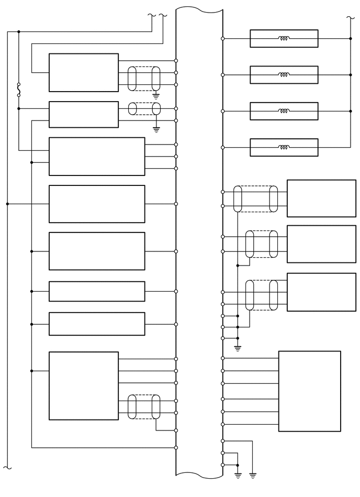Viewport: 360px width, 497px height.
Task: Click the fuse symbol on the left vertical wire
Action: click(19, 90)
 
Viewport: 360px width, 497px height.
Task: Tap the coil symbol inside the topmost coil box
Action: click(284, 38)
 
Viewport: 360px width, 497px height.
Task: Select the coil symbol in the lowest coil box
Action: click(284, 147)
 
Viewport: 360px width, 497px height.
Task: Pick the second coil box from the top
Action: click(284, 75)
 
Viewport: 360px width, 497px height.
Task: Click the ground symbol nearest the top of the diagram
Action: click(156, 96)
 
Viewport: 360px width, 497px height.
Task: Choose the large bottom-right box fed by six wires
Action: click(309, 391)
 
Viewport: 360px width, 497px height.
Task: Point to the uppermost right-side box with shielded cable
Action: click(321, 198)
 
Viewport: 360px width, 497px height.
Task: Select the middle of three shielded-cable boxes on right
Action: click(321, 244)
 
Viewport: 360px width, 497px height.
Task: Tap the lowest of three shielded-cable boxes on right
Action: click(321, 292)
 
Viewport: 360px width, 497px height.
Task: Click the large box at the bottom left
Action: click(84, 385)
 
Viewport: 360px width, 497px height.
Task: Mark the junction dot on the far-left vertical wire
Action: click(7, 204)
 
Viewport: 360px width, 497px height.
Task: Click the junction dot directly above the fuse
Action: click(19, 31)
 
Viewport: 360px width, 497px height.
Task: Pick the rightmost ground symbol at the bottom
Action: click(253, 476)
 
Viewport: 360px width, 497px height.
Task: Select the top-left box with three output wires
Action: click(84, 72)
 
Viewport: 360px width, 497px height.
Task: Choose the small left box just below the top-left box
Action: click(84, 114)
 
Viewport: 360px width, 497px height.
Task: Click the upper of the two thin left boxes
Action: click(97, 291)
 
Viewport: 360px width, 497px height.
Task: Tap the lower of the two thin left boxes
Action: click(97, 324)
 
